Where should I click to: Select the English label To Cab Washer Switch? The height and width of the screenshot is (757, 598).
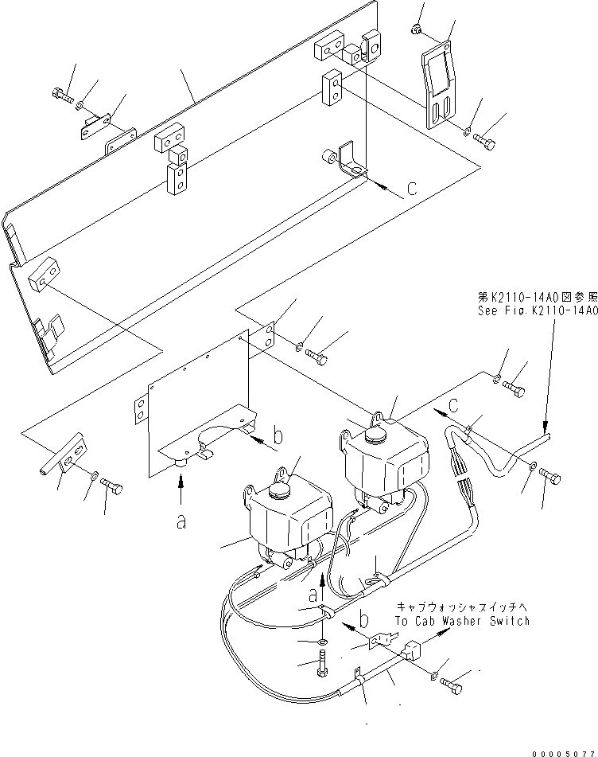pos(460,621)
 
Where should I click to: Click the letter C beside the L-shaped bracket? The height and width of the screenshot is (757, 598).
pos(411,188)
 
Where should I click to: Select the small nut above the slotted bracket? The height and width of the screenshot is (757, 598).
pos(417,30)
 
